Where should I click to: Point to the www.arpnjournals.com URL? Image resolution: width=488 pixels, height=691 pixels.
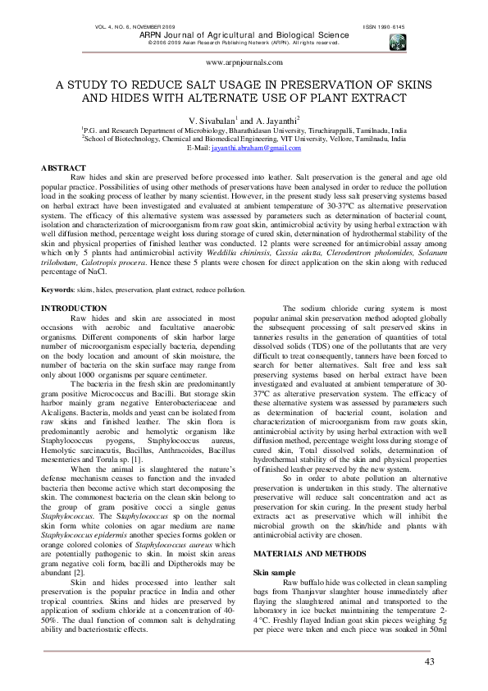[244, 62]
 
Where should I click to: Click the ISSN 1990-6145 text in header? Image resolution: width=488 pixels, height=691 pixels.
[385, 27]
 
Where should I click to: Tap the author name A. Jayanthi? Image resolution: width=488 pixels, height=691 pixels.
[277, 120]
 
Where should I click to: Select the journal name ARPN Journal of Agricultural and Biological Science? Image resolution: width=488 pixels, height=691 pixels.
[244, 35]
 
